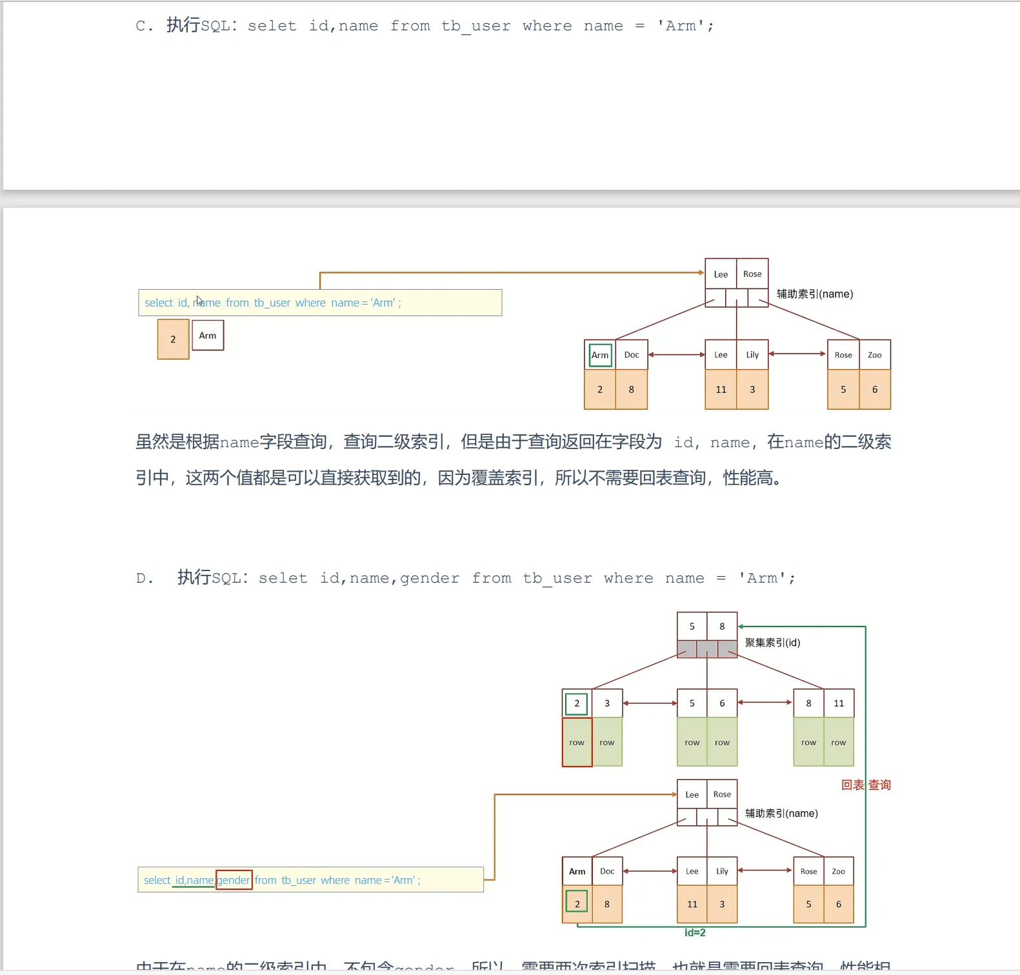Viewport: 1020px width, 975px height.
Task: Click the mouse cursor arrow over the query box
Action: point(199,301)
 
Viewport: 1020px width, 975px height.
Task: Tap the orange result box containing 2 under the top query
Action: point(173,339)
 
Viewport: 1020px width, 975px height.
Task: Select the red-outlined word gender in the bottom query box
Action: point(234,880)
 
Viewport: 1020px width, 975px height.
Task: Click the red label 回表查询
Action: point(866,785)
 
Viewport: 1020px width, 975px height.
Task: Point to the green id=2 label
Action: point(695,932)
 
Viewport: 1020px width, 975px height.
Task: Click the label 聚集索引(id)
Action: point(772,643)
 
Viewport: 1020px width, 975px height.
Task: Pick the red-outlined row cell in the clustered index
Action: point(577,743)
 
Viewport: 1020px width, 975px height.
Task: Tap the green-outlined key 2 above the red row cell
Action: point(577,703)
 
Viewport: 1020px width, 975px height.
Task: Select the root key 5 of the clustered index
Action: point(692,627)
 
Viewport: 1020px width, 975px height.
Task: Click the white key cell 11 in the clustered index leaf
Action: point(839,703)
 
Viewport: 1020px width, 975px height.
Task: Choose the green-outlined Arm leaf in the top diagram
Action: point(600,355)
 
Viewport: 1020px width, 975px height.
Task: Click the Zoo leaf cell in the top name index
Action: point(875,355)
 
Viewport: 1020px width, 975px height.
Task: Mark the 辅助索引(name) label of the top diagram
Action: point(814,294)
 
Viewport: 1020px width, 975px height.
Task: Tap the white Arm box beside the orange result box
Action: point(208,336)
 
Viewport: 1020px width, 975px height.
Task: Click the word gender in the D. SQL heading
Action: point(430,578)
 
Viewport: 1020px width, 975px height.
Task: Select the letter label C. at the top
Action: point(144,26)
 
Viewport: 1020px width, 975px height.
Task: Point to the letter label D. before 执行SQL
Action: point(145,578)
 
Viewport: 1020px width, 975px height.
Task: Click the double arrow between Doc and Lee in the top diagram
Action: point(676,354)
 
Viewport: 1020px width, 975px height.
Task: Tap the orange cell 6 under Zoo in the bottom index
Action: point(839,904)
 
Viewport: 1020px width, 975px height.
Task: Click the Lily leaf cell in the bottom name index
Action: point(722,871)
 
